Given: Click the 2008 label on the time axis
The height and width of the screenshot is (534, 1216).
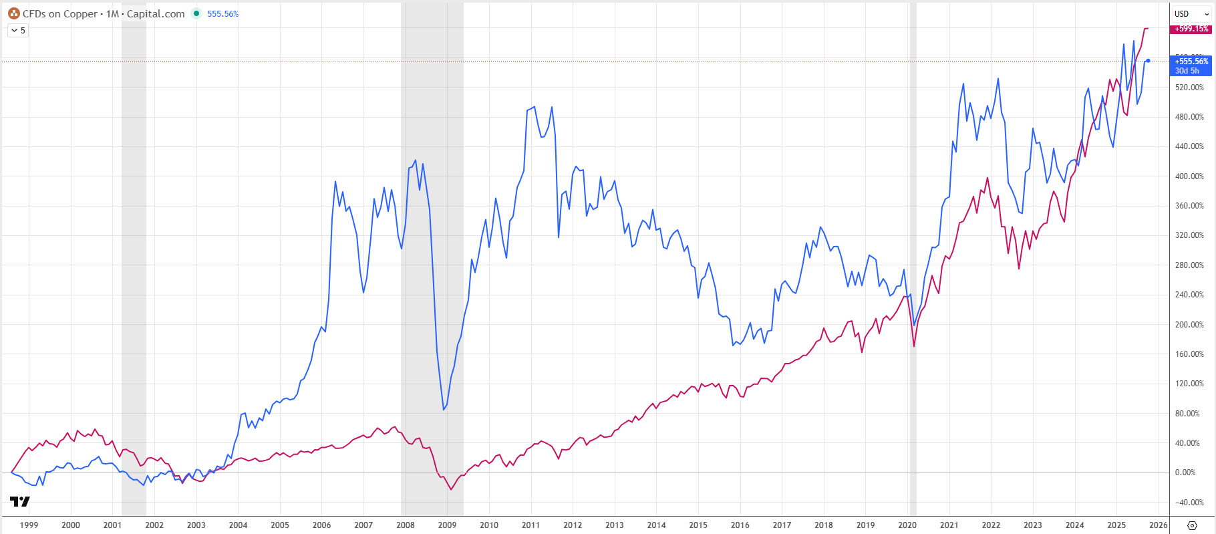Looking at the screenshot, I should (405, 525).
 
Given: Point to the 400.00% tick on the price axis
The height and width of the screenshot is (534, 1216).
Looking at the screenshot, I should (1189, 176).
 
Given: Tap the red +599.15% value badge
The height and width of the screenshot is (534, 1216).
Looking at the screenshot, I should (1191, 29).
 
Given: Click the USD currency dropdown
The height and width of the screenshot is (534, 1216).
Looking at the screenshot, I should (1191, 14).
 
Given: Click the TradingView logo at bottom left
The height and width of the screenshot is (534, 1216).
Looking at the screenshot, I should (20, 501).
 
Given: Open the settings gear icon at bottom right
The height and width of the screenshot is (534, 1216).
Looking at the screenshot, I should (1192, 525).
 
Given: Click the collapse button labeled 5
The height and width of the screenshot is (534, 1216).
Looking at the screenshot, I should (18, 31).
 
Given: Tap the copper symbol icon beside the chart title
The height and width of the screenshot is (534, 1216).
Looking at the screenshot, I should (13, 13).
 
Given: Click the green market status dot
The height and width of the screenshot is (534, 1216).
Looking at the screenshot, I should (196, 13).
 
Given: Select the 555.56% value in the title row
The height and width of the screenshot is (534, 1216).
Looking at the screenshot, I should (222, 14).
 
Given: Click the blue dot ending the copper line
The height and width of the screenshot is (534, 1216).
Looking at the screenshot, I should (1148, 61).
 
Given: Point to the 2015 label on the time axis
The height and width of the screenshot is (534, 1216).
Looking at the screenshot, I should (698, 525).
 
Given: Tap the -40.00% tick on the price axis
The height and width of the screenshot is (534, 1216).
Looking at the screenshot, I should (1189, 503).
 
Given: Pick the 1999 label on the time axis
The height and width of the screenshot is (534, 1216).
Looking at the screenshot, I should (29, 525).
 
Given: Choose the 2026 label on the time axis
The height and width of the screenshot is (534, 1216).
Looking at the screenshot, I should (1158, 525).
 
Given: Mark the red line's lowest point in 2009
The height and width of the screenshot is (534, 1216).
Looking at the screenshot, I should (451, 490).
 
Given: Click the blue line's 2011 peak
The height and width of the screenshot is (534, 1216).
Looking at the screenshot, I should (534, 107).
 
